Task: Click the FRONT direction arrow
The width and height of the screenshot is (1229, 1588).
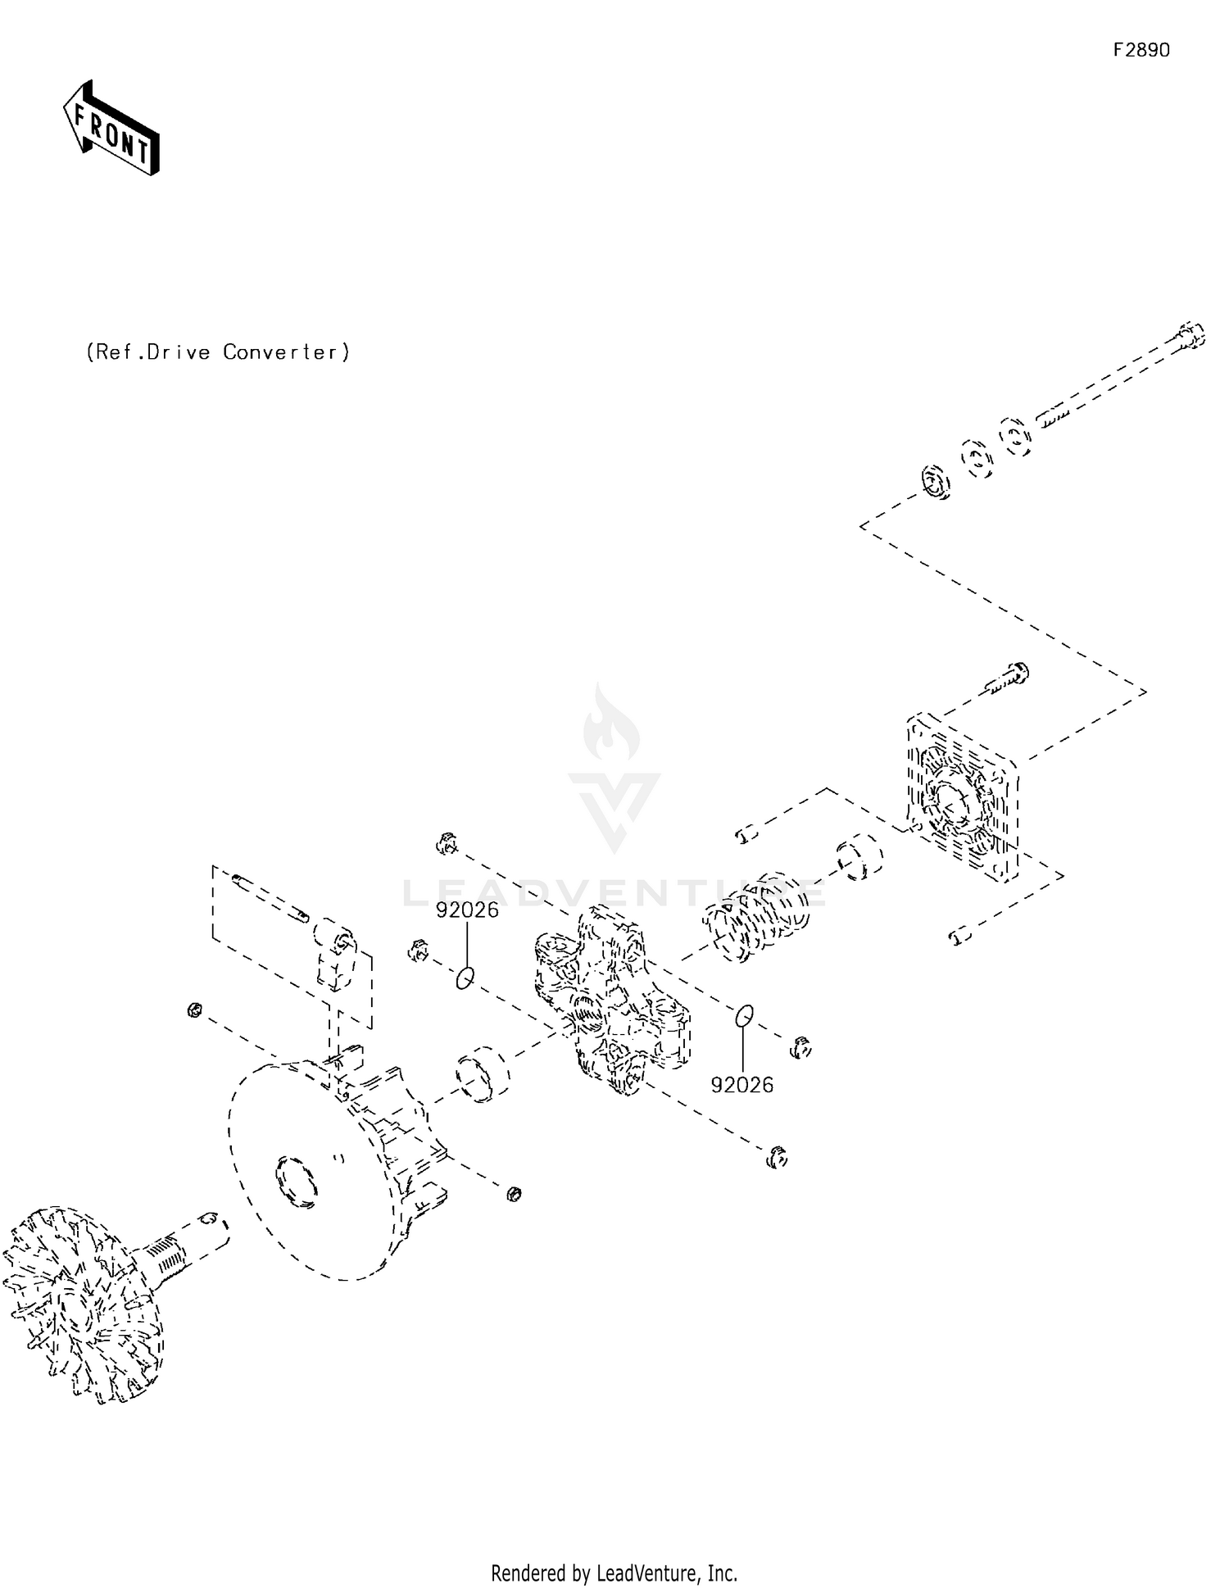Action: point(111,129)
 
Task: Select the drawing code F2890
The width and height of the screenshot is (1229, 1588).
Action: point(1141,50)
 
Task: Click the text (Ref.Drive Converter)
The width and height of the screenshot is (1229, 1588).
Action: point(218,352)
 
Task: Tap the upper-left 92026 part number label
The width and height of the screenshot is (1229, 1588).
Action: point(467,910)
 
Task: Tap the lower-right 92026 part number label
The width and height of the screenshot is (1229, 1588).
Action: point(741,1085)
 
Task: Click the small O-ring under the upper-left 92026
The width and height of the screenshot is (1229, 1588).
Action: point(465,978)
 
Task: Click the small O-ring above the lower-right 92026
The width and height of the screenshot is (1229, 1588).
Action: point(743,1015)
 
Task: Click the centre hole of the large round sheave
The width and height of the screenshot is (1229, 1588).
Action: point(296,1181)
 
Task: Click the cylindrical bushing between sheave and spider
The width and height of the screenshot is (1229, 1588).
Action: point(483,1073)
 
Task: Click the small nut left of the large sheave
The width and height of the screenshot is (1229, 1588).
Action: point(194,1010)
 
